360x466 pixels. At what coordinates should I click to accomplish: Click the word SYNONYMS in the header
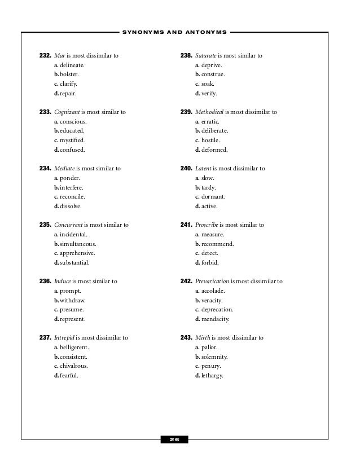tap(142, 32)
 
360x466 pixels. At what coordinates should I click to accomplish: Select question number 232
tap(45, 56)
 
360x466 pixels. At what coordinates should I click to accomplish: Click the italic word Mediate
tap(64, 168)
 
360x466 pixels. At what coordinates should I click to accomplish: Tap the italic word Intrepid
tap(65, 337)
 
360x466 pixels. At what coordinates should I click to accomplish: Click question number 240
tap(186, 168)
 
